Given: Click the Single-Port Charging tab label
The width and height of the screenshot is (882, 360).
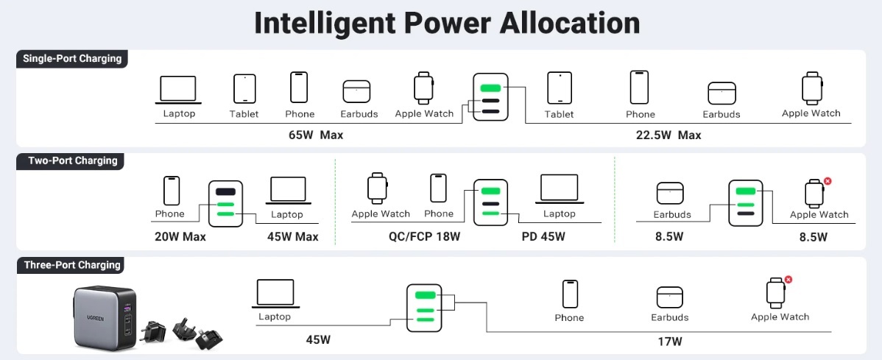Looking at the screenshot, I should [72, 59].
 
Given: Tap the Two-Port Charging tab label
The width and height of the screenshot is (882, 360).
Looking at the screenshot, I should [72, 160].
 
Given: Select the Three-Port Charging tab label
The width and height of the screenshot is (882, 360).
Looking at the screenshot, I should [72, 265].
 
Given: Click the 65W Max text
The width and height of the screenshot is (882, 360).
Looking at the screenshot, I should [316, 135].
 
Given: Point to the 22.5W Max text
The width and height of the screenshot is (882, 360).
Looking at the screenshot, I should [668, 135].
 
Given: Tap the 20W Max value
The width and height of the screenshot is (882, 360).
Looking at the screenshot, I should [180, 237].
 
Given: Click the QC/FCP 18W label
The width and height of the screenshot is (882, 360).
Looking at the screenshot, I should [424, 237].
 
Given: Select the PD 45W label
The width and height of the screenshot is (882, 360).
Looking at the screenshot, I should [543, 237].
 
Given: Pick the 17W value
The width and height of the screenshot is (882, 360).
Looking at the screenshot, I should [669, 342].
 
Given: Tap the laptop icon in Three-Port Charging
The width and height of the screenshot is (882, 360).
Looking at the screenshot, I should [275, 293].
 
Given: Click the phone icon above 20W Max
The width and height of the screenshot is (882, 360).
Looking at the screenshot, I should [171, 191].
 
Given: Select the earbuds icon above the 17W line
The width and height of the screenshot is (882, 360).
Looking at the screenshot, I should [669, 297].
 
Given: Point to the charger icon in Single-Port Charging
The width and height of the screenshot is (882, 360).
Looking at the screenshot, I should [490, 96].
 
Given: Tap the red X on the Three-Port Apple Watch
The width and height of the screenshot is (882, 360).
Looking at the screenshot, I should [788, 280].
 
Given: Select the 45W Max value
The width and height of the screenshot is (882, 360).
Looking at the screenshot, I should [292, 237].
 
